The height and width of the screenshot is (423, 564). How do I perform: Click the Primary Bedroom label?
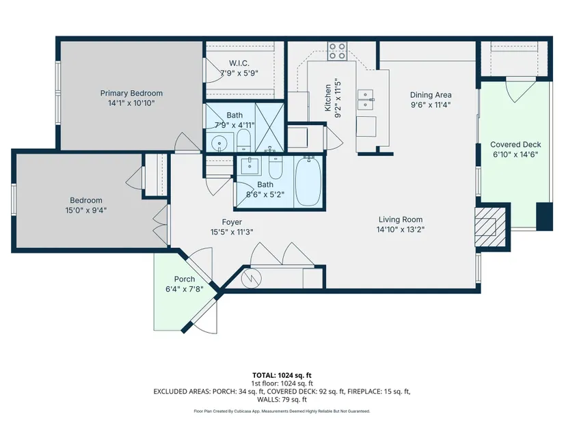pos(131,93)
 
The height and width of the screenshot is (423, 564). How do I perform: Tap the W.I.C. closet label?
pos(239,64)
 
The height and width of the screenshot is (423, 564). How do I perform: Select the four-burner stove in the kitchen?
pos(337,51)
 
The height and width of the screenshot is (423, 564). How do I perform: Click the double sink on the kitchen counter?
pos(366,99)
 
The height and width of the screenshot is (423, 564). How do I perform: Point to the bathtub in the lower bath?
pos(308,182)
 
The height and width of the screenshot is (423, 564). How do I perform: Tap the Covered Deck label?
pos(515,145)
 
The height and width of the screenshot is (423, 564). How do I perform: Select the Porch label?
pos(185,279)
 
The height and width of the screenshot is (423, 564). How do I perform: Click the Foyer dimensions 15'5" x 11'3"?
pos(232,232)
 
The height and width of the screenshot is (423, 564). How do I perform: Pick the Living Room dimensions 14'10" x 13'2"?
pos(401,230)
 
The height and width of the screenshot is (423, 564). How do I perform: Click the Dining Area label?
pos(431,95)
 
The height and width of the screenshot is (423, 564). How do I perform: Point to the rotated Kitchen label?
pos(327,98)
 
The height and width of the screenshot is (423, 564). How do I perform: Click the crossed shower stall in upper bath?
pos(269,127)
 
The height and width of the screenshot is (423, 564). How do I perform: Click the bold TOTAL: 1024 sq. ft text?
pos(282,376)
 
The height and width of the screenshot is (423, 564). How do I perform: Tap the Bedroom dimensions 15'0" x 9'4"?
pos(86,210)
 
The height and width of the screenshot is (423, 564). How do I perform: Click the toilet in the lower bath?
pos(276,167)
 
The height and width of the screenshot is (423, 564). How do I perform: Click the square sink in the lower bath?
pos(249,165)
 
